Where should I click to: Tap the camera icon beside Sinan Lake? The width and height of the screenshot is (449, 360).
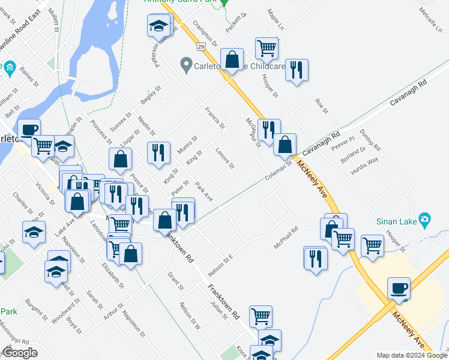click(425, 220)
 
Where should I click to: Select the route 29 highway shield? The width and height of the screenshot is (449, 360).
click(200, 47)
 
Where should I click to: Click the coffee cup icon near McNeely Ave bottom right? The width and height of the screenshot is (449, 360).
click(399, 288)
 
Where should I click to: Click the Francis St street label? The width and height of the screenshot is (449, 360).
click(214, 118)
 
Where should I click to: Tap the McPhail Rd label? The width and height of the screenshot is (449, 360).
click(286, 238)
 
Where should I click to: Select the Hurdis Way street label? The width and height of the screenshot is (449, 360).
click(364, 167)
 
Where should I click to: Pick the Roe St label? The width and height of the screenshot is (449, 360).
click(321, 107)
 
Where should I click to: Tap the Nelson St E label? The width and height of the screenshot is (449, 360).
click(220, 261)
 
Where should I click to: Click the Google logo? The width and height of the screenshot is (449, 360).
click(20, 353)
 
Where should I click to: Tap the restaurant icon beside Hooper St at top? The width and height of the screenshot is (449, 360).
click(297, 70)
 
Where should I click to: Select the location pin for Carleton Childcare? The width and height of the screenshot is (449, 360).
click(186, 64)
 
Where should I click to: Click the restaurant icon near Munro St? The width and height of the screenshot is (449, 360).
click(158, 152)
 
